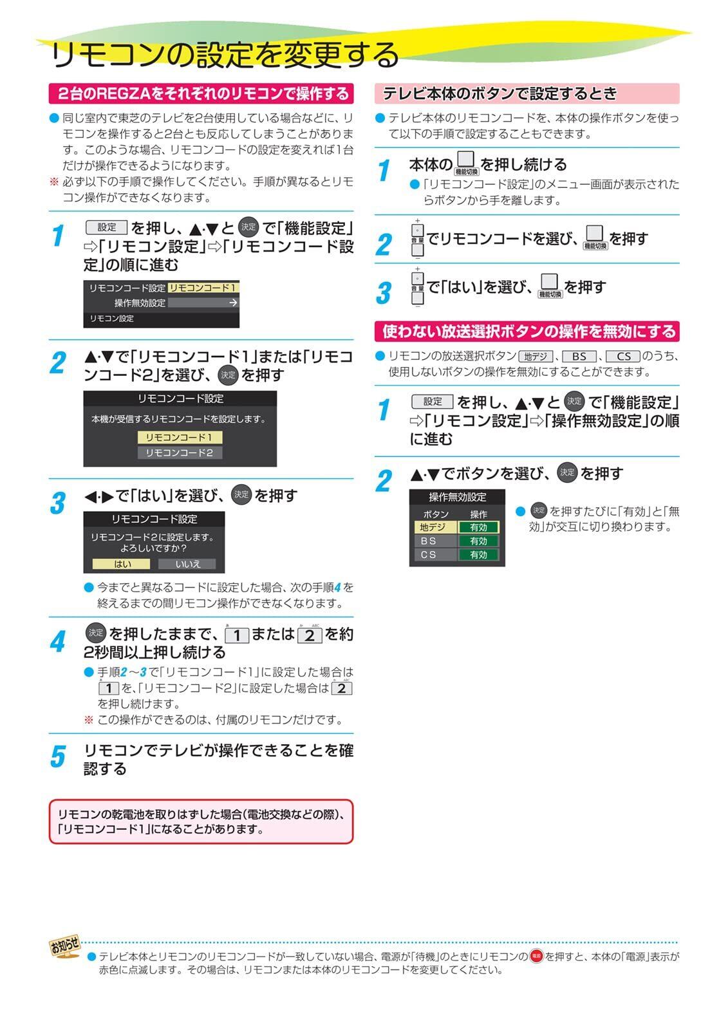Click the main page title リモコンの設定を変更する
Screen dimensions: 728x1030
coord(225,54)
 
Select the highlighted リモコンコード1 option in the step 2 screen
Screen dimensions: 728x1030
coord(180,437)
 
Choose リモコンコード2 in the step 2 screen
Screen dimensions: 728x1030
coord(180,453)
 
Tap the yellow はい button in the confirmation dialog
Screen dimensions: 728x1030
coord(121,564)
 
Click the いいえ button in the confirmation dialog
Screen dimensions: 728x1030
coord(187,564)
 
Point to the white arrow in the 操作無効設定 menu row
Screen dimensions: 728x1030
coord(233,303)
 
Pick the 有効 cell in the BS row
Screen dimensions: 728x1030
coord(478,541)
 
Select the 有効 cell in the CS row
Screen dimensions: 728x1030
coord(478,554)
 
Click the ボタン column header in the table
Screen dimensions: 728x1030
coord(436,514)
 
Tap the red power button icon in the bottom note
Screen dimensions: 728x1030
coord(536,956)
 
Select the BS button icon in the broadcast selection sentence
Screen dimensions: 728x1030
coord(579,357)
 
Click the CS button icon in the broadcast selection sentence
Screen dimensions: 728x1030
coord(622,357)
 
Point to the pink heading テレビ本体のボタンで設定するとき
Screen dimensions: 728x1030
coord(527,93)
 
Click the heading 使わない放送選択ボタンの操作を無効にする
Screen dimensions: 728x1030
coord(527,331)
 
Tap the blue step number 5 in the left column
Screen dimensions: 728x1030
coord(58,756)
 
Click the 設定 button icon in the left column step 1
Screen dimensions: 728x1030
coord(106,227)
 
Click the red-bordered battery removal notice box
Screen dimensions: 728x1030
coord(201,821)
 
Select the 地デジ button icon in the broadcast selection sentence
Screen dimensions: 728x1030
coord(536,357)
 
